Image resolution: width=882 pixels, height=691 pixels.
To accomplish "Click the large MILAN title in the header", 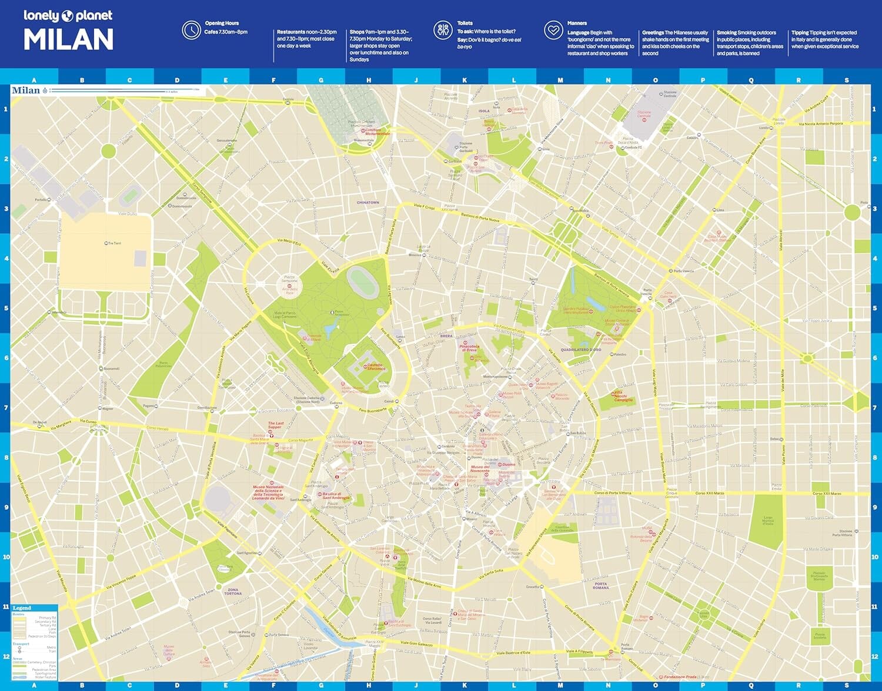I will pos(68,40).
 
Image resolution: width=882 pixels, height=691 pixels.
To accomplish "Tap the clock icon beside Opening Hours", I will pos(191,30).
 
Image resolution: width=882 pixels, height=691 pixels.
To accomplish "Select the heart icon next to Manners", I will pos(553,30).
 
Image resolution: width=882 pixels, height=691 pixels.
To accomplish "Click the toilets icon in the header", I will pos(442,30).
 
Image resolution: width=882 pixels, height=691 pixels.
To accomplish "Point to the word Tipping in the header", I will pos(800,33).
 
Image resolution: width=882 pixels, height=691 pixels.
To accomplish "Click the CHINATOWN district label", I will pos(368,203).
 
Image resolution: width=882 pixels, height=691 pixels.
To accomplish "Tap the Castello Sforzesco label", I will pos(375,367).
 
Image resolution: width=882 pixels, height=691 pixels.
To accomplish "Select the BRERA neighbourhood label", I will pos(446,336).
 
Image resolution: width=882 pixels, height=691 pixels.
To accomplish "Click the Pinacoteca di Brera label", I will pos(469,348).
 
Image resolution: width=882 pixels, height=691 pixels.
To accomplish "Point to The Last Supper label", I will pos(276,425).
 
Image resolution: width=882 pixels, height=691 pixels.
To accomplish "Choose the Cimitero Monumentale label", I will pos(377,132).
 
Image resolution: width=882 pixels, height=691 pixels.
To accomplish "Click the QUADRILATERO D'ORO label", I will pos(580,350).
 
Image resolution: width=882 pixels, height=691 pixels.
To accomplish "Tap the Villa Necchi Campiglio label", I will pos(623,396).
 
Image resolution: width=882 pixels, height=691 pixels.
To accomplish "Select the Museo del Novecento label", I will pos(480,469).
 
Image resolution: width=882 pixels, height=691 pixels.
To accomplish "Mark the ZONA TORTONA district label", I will pos(233,591).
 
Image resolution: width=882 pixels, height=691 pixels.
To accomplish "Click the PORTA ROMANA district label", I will pos(601,586).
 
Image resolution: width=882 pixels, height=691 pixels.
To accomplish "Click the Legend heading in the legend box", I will pos(22,608).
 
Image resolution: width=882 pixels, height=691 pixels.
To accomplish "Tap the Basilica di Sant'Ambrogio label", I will pos(336,496).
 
